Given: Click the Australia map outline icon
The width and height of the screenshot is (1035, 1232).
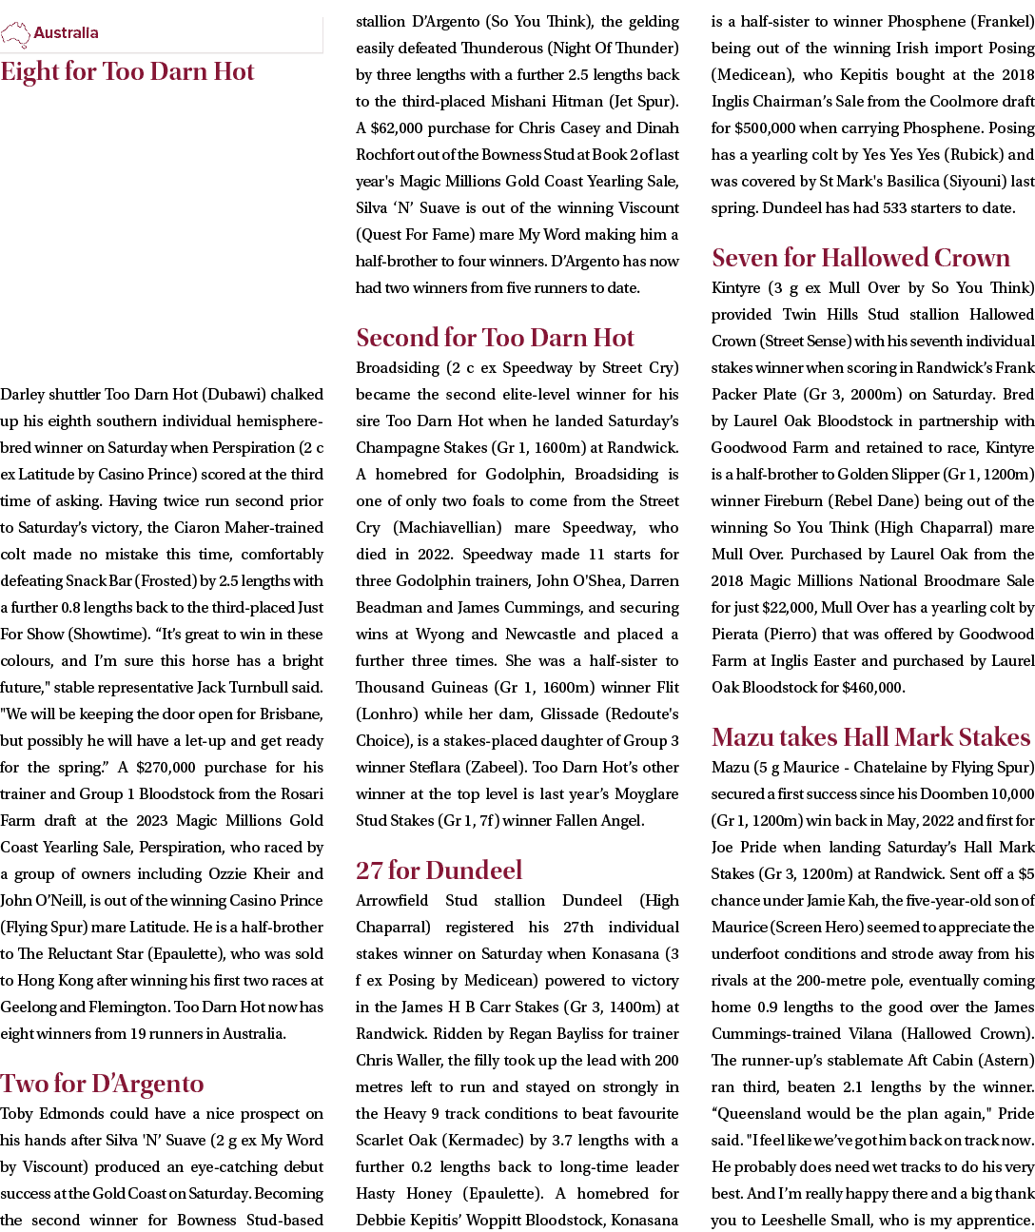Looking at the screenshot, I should tap(15, 34).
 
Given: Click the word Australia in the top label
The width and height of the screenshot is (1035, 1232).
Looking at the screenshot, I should tap(66, 33).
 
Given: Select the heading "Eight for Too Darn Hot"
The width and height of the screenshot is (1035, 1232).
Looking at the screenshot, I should tap(127, 72).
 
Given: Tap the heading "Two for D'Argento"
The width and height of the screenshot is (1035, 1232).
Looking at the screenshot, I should tap(102, 1084).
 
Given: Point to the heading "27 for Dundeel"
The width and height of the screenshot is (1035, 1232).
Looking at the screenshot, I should tap(439, 870).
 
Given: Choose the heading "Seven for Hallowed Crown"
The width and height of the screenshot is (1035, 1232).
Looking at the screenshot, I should tap(861, 258).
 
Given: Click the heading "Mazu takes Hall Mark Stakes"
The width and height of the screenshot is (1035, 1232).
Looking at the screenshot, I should tap(870, 737).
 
